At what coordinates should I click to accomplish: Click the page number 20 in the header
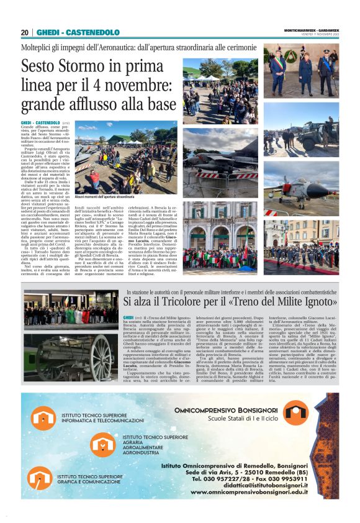pos(25,32)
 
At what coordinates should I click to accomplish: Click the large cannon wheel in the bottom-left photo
pos(99,359)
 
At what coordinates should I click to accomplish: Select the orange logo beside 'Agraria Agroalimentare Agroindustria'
pos(102,445)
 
